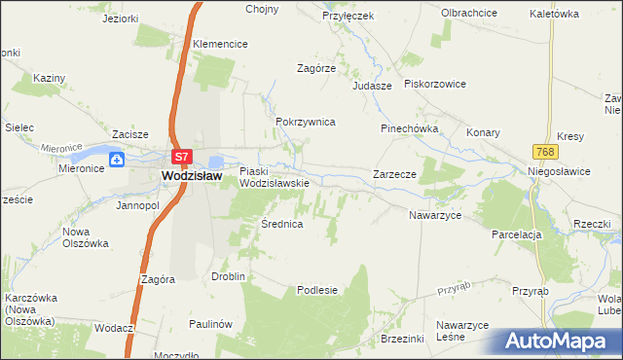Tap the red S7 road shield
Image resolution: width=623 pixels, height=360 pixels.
click(181, 156)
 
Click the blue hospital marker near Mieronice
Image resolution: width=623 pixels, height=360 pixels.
click(117, 159)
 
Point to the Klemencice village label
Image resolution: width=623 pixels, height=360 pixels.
click(220, 44)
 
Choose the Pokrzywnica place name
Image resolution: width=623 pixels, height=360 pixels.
click(306, 122)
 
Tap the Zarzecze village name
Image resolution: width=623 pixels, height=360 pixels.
click(395, 174)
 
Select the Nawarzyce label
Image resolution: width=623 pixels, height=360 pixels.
click(434, 214)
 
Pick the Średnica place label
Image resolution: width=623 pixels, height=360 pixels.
click(282, 224)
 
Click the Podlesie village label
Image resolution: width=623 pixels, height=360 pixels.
click(316, 289)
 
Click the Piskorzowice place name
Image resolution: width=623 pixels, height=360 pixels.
click(435, 85)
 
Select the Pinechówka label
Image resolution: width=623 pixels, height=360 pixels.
click(409, 128)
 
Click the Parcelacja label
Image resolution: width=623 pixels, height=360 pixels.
click(516, 234)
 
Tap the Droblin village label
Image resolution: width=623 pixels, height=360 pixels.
click(228, 276)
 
